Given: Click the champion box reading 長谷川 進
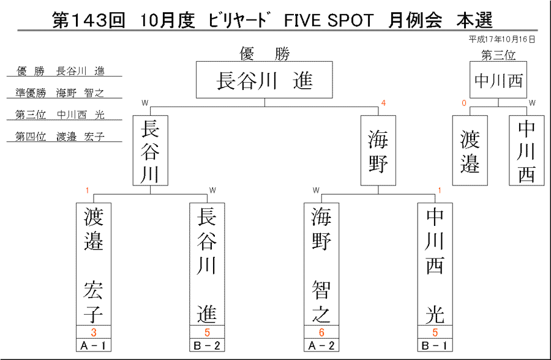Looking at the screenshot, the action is click(264, 80).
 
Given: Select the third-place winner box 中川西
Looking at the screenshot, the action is click(498, 80).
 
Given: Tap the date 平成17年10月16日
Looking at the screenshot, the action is click(502, 39).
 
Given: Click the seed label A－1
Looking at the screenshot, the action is click(94, 345).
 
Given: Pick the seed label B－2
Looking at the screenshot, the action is click(207, 345).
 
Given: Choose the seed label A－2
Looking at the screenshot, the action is click(321, 345).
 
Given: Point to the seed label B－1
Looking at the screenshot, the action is click(435, 345).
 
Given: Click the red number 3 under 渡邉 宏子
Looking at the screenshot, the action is click(94, 332).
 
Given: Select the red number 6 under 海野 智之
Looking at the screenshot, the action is click(321, 332).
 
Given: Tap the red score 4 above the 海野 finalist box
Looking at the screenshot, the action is click(383, 103).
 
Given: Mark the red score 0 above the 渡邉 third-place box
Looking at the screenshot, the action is click(464, 103).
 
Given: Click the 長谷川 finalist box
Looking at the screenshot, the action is click(151, 150).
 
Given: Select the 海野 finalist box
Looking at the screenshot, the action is click(378, 150).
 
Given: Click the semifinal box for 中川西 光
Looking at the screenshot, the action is click(435, 264).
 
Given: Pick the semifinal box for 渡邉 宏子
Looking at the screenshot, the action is click(94, 264).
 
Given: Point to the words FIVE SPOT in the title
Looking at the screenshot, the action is click(328, 20).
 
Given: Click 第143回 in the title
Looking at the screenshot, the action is click(89, 20).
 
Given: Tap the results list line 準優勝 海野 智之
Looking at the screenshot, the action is click(60, 93).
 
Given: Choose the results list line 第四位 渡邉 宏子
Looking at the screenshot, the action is click(60, 137).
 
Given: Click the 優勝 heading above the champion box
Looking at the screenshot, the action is click(264, 53).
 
